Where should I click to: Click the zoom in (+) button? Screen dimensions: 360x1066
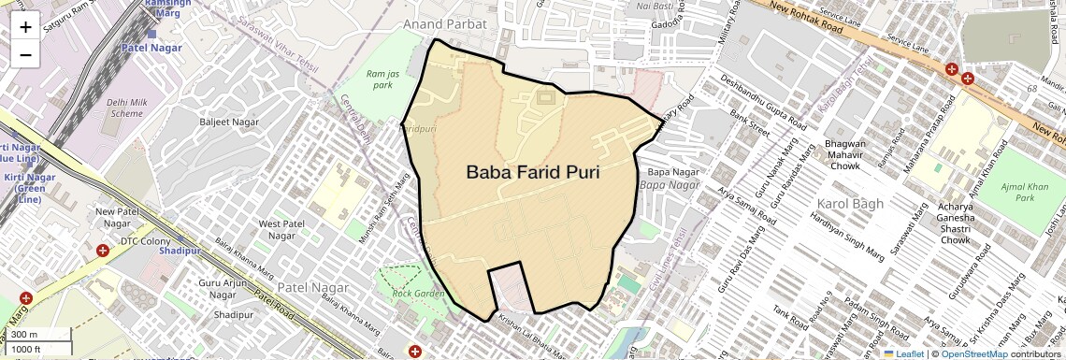pyautogui.click(x=25, y=27)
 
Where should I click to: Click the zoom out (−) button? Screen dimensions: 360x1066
pyautogui.click(x=25, y=54)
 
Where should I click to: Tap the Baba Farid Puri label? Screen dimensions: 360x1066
pyautogui.click(x=532, y=172)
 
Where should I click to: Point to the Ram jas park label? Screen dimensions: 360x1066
pyautogui.click(x=380, y=79)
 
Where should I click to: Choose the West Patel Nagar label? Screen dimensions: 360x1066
pyautogui.click(x=282, y=230)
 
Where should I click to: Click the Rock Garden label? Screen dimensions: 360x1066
pyautogui.click(x=418, y=294)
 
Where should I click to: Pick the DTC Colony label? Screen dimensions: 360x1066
pyautogui.click(x=145, y=241)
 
